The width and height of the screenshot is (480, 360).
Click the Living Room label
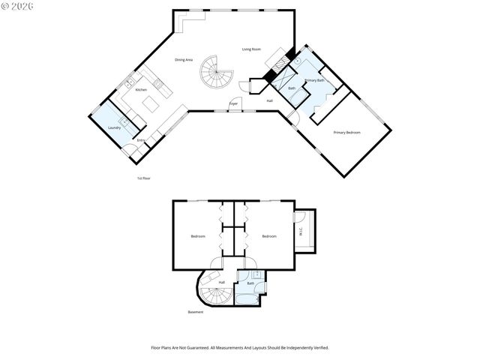251,49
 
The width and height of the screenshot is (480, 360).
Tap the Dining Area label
184,59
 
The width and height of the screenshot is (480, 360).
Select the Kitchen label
141,89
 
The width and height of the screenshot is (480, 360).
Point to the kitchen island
154,102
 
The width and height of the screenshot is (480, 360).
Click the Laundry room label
114,127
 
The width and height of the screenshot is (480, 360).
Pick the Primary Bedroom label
347,132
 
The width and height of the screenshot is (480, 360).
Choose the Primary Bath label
315,79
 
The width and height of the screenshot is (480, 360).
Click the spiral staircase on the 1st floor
216,73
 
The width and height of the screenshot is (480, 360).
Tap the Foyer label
234,103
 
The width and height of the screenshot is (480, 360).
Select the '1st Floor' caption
144,178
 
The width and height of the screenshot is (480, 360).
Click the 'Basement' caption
196,312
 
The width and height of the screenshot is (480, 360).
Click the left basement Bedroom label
198,236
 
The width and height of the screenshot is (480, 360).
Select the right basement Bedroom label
270,236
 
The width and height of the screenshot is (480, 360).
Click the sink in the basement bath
256,275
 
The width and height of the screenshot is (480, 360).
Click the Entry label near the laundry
140,140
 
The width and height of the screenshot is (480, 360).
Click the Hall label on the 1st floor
269,100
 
